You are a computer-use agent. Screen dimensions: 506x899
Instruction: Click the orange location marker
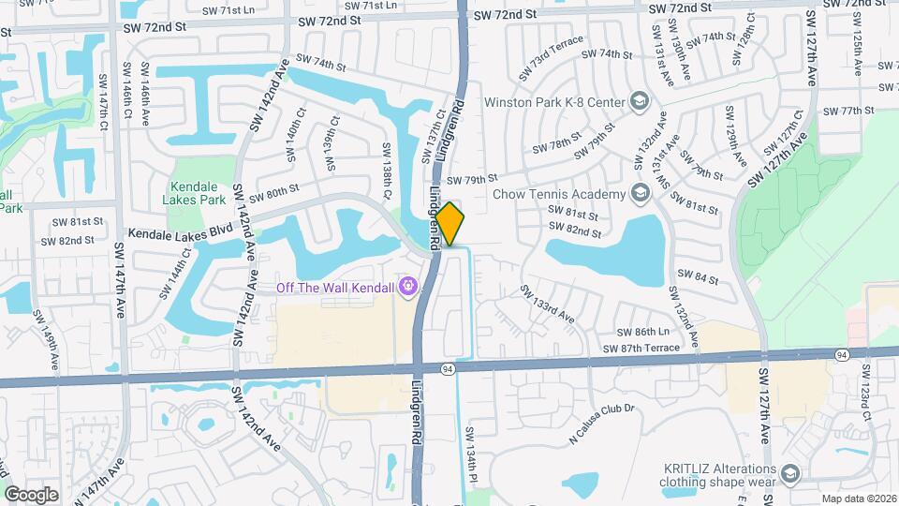449,224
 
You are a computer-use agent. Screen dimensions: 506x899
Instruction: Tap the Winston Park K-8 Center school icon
639,100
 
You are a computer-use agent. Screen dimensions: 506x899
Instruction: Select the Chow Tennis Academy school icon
641,194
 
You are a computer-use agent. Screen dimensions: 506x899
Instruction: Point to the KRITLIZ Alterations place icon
790,475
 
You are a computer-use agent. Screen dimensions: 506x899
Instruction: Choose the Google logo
31,494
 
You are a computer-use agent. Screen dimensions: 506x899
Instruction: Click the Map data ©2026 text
860,499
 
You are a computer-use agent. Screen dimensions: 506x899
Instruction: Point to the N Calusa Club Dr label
601,424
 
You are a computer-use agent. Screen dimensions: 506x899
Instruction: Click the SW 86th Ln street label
642,333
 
